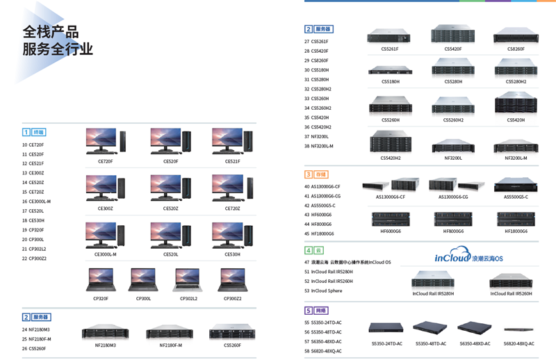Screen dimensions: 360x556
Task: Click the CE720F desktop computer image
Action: pos(105,142)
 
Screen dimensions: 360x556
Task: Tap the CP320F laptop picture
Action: pos(101,279)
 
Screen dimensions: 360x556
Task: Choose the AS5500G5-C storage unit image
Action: pos(516,184)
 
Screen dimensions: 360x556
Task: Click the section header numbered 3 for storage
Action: pos(316,174)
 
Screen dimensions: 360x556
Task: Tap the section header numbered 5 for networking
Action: pos(316,311)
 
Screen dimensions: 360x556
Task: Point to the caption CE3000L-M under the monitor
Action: pos(106,254)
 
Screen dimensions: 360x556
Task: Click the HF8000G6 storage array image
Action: pos(452,219)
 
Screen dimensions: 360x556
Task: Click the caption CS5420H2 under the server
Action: pos(391,158)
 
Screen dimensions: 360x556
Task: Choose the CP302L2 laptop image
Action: pos(188,279)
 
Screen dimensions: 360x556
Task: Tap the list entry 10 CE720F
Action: pos(33,145)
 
